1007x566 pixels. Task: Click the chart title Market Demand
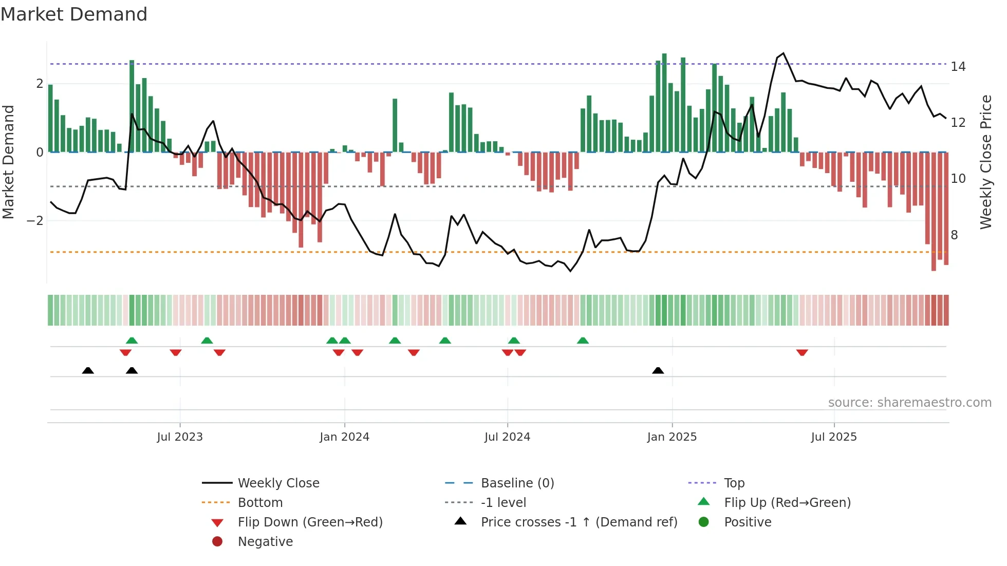(x=74, y=14)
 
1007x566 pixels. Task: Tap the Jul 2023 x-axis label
(x=180, y=437)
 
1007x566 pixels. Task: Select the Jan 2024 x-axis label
(x=344, y=437)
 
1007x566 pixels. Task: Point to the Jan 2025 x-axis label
(x=672, y=437)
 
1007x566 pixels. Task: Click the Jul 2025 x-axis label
(x=834, y=437)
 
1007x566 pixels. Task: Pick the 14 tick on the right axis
(x=958, y=67)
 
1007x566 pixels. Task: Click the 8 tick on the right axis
(x=954, y=235)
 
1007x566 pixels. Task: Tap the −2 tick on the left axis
(x=35, y=221)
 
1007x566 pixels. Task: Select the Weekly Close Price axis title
(x=985, y=162)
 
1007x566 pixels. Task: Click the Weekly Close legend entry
(x=278, y=483)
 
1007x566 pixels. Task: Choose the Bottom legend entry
(x=260, y=503)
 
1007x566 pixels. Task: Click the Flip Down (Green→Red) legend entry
(x=310, y=522)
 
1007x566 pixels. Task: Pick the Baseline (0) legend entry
(x=517, y=483)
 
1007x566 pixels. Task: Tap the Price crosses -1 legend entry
(x=579, y=522)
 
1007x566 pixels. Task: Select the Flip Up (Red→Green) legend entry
(x=787, y=503)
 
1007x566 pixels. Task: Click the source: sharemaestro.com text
(x=909, y=403)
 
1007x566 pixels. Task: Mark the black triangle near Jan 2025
(x=658, y=370)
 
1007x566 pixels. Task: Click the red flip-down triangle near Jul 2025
(x=802, y=352)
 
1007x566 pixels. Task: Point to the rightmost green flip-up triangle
(x=583, y=341)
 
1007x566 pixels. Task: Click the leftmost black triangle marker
(x=88, y=370)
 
